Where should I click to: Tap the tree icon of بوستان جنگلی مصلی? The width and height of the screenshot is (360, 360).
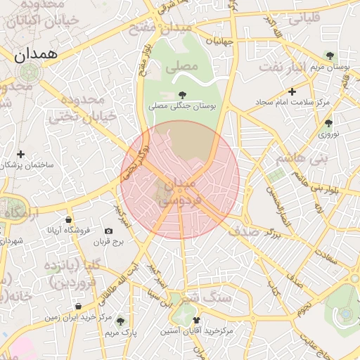click(183, 94)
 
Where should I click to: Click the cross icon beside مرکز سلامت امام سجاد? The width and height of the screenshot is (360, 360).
click(292, 91)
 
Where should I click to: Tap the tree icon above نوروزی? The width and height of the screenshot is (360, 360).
click(329, 123)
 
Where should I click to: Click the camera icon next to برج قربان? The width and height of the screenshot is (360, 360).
click(108, 231)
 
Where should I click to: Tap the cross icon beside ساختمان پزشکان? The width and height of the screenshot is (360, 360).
click(21, 154)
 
